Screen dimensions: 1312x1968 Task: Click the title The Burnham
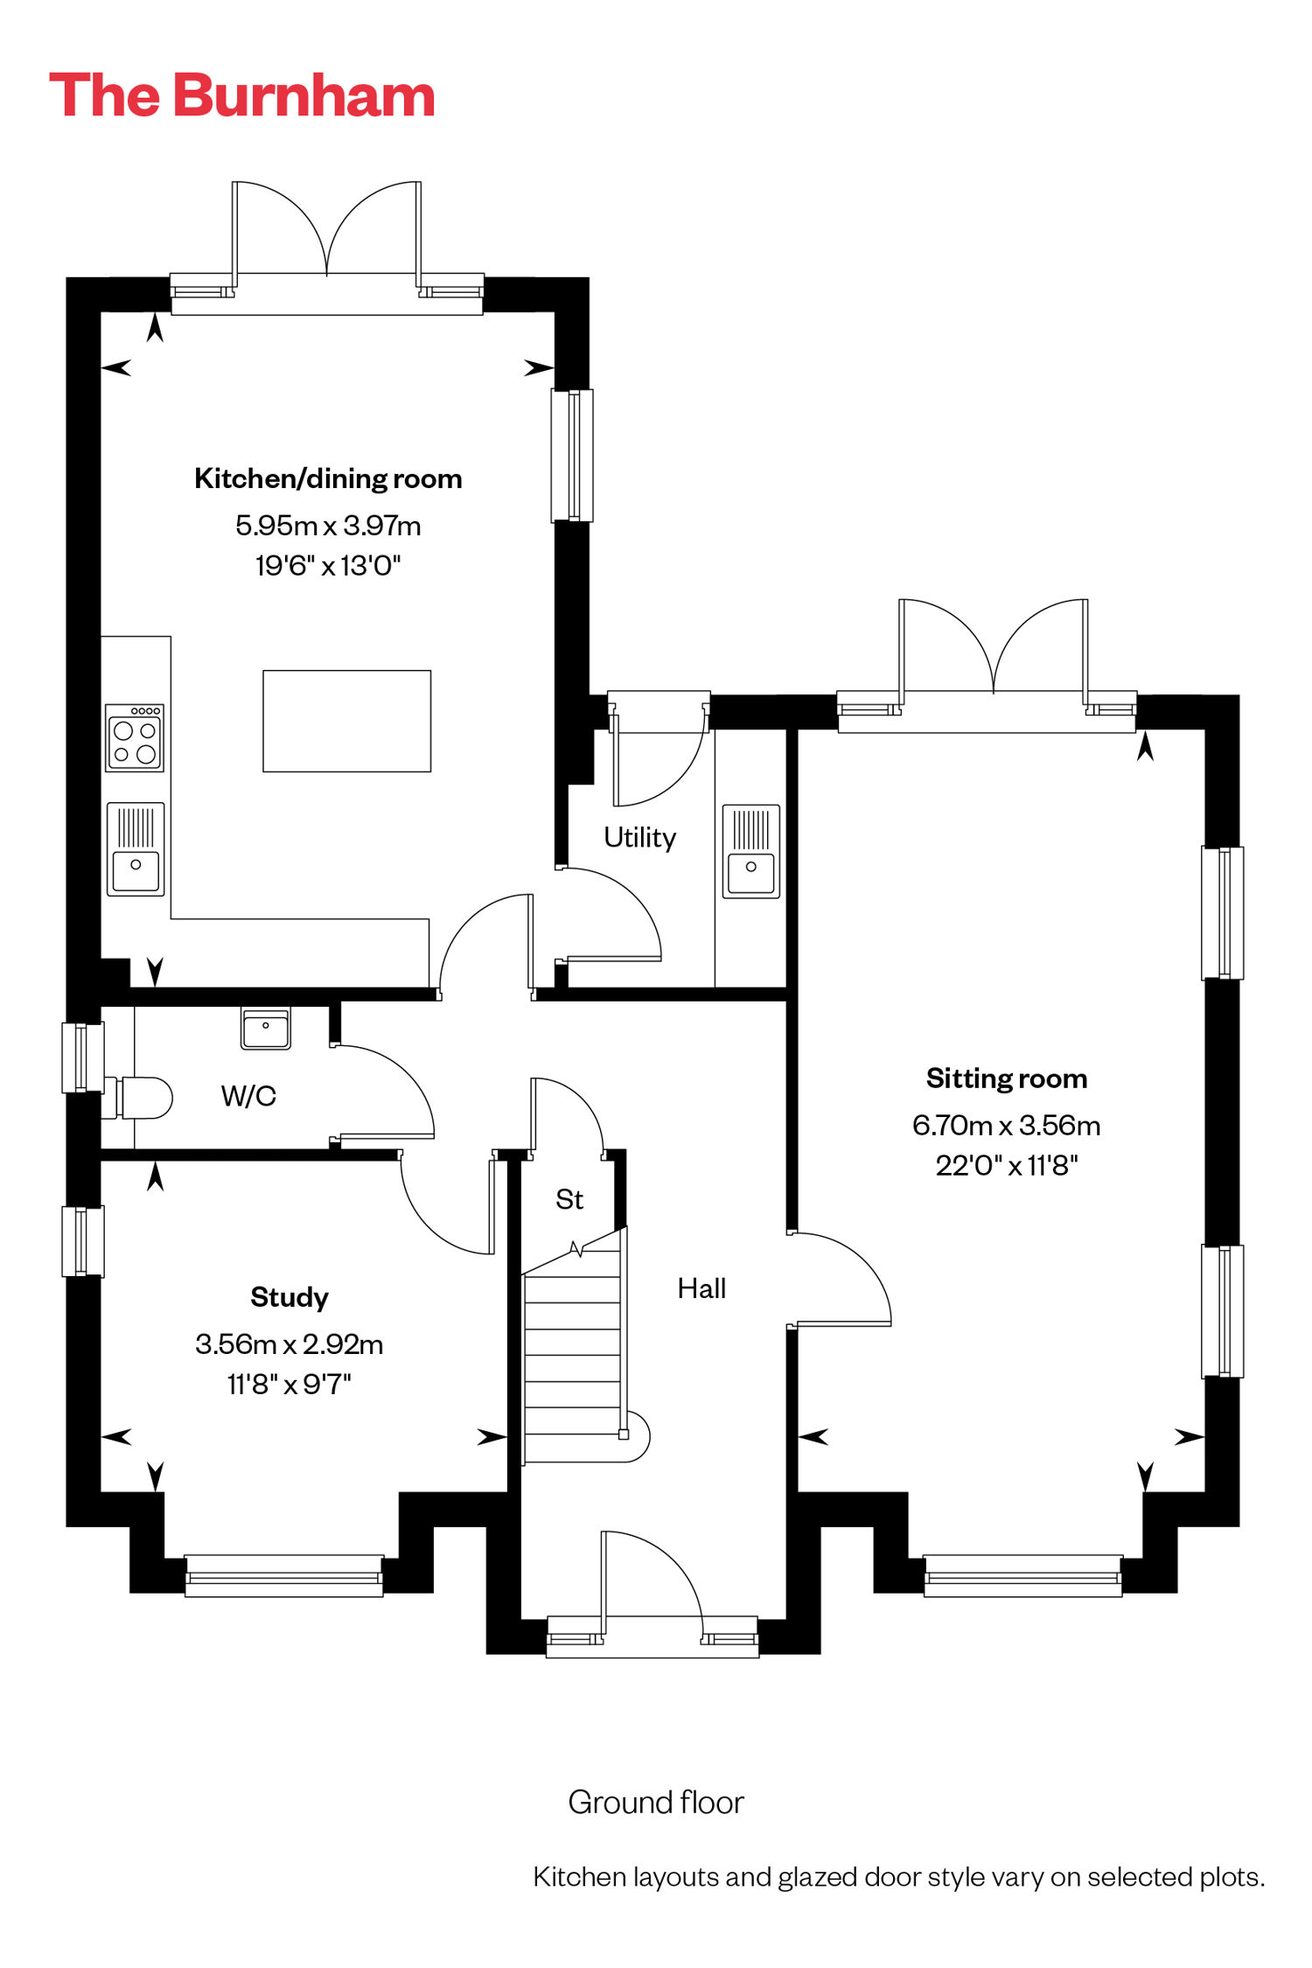click(242, 95)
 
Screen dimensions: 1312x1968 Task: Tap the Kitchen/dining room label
click(328, 478)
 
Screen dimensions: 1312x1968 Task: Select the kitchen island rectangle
click(347, 721)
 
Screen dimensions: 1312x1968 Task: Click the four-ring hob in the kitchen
click(135, 738)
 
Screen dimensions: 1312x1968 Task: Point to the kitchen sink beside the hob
click(136, 848)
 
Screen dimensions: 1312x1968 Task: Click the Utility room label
click(640, 837)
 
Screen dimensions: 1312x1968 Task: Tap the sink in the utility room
click(751, 851)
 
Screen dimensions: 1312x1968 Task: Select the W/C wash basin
click(266, 1028)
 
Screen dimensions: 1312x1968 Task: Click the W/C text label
click(248, 1096)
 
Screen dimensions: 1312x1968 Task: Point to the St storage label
click(569, 1199)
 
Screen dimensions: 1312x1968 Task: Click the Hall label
click(701, 1288)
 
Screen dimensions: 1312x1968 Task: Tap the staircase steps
click(573, 1356)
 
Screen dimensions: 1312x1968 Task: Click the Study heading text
click(290, 1297)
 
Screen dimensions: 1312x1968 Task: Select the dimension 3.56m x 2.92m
click(290, 1343)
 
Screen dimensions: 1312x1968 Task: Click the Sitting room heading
click(1007, 1078)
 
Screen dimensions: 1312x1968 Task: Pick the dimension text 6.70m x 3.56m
click(1007, 1125)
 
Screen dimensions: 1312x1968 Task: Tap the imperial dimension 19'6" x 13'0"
click(328, 565)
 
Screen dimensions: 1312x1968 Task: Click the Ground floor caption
click(656, 1803)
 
